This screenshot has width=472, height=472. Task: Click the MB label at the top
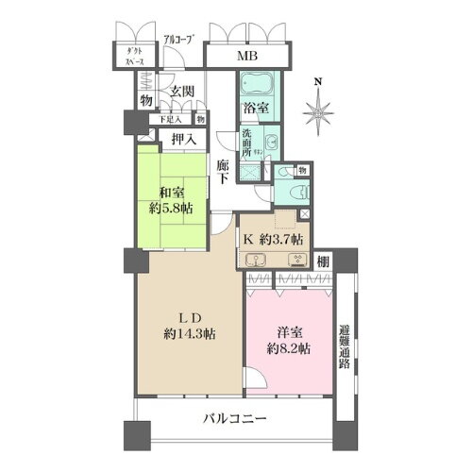246,56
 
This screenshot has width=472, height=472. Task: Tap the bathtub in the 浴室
255,84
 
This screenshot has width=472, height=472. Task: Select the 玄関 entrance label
182,92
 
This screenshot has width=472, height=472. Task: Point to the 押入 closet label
183,140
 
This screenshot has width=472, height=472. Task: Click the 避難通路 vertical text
345,345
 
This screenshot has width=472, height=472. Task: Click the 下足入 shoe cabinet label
171,119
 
